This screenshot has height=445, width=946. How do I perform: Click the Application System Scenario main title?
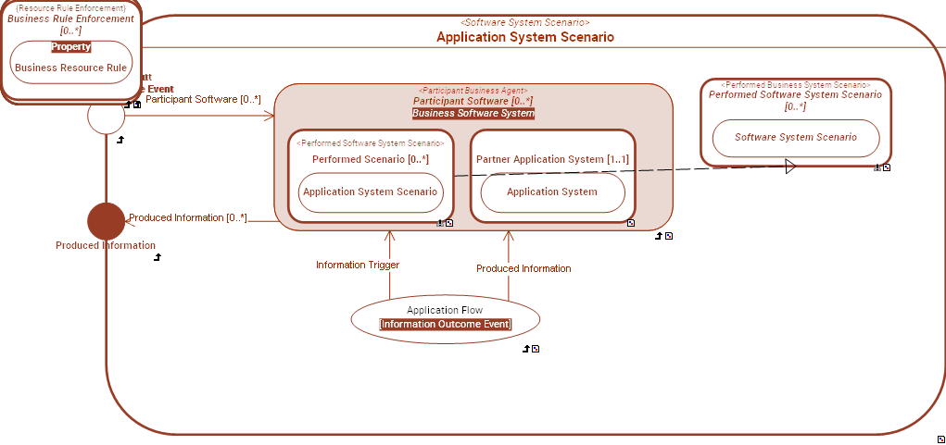pyautogui.click(x=524, y=37)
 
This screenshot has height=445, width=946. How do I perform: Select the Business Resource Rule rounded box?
pyautogui.click(x=71, y=68)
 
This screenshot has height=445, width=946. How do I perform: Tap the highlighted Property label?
pyautogui.click(x=71, y=47)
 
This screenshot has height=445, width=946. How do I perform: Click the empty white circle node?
pyautogui.click(x=106, y=116)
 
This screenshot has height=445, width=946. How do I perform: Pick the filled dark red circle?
pyautogui.click(x=106, y=221)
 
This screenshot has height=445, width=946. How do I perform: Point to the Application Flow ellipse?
pyautogui.click(x=445, y=317)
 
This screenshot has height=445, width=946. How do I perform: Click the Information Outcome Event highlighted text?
pyautogui.click(x=445, y=325)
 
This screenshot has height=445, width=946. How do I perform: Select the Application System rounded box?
pyautogui.click(x=552, y=192)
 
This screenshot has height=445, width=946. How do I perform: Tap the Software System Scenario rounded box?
pyautogui.click(x=795, y=137)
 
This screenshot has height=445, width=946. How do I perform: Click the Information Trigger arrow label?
pyautogui.click(x=358, y=266)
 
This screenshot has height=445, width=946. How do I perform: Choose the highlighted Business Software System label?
pyautogui.click(x=473, y=114)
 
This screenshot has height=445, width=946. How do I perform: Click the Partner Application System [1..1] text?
pyautogui.click(x=552, y=159)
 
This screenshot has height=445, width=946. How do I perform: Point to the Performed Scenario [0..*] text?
pyautogui.click(x=371, y=159)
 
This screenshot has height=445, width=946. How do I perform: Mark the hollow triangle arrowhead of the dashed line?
pyautogui.click(x=790, y=167)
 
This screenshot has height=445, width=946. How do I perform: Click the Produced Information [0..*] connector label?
pyautogui.click(x=188, y=218)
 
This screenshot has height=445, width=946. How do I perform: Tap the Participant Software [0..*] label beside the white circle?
pyautogui.click(x=203, y=99)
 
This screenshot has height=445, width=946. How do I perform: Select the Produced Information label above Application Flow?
pyautogui.click(x=523, y=268)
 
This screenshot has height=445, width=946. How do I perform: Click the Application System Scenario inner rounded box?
pyautogui.click(x=371, y=192)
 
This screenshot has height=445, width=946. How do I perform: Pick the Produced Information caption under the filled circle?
pyautogui.click(x=106, y=246)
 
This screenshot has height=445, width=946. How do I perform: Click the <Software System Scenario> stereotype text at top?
pyautogui.click(x=524, y=22)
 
